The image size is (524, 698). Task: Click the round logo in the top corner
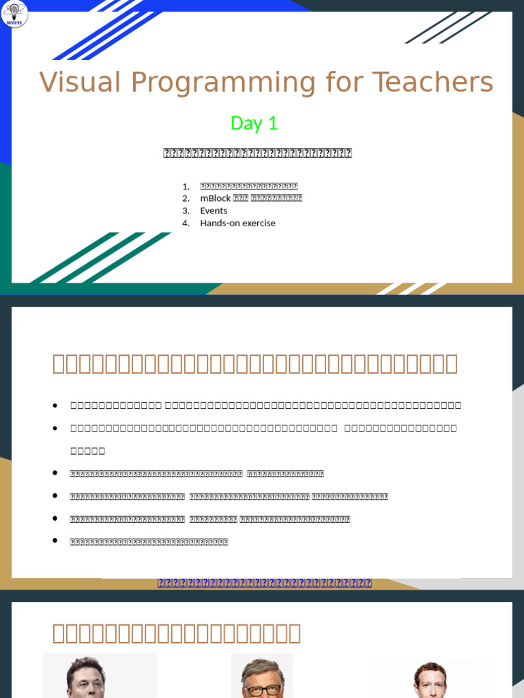click(15, 14)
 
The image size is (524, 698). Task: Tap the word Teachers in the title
click(433, 82)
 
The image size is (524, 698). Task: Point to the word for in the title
click(345, 82)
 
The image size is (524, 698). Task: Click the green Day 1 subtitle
click(254, 123)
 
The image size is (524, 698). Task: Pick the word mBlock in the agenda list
click(215, 198)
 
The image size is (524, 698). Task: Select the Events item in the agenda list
click(214, 211)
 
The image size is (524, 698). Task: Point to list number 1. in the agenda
click(186, 186)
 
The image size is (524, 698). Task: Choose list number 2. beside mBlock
click(186, 198)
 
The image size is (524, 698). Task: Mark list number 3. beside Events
click(186, 211)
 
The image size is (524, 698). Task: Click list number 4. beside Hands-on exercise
click(186, 223)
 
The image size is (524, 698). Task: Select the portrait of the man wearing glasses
click(261, 678)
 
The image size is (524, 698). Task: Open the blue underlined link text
click(265, 583)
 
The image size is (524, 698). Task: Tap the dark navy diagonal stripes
click(447, 27)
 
